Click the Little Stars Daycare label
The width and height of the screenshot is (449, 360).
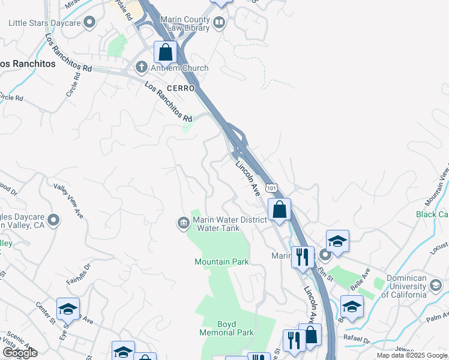coord(44,23)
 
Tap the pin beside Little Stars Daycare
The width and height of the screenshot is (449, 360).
coord(90,23)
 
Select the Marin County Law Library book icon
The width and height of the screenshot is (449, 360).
coord(219,23)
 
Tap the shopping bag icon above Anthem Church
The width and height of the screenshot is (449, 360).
coord(165,53)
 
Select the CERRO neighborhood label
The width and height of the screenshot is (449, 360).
coord(181,88)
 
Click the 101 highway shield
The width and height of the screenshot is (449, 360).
coord(272,188)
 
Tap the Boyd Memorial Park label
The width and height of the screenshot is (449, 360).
coord(227,328)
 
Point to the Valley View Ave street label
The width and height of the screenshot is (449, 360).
coord(68,200)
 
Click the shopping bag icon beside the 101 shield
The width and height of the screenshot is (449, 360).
coord(279,210)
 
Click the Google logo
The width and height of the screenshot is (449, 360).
coord(20,353)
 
